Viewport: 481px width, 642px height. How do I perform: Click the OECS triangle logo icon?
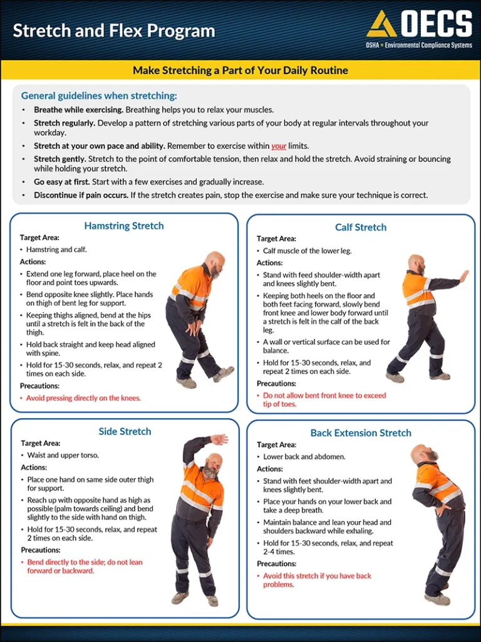coord(381,24)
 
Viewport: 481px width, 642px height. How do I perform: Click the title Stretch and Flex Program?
coord(113,31)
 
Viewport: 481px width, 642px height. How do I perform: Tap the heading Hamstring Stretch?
coord(124,226)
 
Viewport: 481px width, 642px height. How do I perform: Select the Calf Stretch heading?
coord(361,227)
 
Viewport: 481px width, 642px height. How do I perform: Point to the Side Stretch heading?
coord(125,431)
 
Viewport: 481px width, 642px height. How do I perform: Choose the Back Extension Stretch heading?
coord(361,433)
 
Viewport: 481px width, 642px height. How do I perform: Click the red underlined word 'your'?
coord(279,146)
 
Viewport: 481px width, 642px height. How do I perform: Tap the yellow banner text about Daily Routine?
coord(240,70)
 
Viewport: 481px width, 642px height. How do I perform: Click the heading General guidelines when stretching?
coord(99,96)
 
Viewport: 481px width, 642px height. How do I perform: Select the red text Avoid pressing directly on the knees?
coord(83,398)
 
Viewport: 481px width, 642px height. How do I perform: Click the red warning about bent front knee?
coord(324,399)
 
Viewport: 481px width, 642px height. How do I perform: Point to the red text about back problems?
coord(317,580)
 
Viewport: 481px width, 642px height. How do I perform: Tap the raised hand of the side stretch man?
coord(219,439)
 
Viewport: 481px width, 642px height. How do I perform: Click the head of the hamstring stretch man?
coord(215,263)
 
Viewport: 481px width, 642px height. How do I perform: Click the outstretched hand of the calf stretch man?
coord(463,276)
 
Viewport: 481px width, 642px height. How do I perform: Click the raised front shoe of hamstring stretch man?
coord(224,374)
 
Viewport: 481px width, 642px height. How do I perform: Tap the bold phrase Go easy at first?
coord(62,182)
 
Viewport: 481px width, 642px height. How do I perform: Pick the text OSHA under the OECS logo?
coord(374,46)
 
